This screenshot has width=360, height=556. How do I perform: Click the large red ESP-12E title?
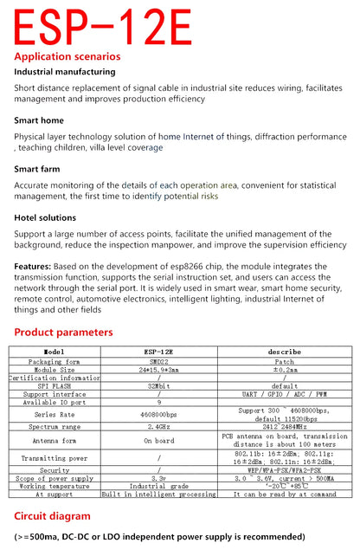click(x=102, y=27)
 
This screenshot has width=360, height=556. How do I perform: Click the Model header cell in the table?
click(x=54, y=352)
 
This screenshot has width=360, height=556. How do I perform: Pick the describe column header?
click(x=284, y=352)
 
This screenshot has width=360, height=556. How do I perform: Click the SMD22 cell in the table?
click(x=158, y=361)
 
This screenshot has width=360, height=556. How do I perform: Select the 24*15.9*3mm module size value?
click(x=158, y=370)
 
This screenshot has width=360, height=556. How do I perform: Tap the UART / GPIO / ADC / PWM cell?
click(x=284, y=394)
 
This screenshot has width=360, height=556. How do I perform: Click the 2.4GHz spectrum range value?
click(x=158, y=427)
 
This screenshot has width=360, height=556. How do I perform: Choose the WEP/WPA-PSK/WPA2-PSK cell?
click(x=284, y=469)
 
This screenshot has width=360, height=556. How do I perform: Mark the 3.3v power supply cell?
click(x=158, y=477)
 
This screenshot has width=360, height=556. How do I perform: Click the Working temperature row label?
click(x=54, y=486)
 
